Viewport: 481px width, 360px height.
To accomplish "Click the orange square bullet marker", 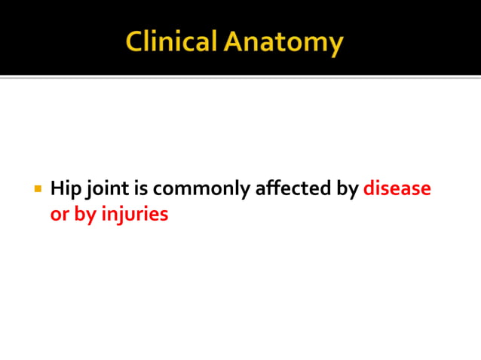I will (36, 187).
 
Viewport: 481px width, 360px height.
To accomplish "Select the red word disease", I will (397, 188).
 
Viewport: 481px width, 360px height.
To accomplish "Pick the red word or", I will (60, 214).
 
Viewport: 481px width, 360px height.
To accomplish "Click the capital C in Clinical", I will (136, 43).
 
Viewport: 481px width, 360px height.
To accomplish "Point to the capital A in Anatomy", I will (237, 43).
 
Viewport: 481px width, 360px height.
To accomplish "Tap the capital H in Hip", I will (57, 188).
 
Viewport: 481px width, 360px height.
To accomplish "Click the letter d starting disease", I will (369, 188).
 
